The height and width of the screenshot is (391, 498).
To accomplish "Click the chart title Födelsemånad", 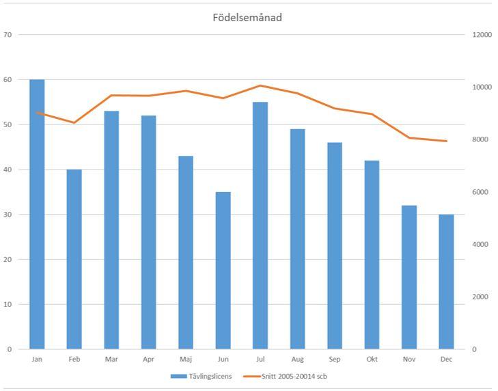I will point(247,18).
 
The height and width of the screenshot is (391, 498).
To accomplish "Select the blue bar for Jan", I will point(37,214).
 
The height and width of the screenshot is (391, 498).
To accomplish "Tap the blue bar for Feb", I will point(74,259).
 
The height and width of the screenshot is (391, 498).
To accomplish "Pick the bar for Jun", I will point(223,270).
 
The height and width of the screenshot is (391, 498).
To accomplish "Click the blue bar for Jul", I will point(260,226).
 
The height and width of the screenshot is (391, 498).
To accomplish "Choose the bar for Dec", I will point(446,282).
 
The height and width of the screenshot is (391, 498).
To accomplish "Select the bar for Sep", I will point(335,245).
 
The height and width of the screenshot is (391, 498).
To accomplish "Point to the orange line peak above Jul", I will point(260,85).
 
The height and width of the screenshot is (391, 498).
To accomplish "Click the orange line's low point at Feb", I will point(74,122).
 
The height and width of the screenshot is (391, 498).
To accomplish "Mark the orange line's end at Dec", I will point(446,141).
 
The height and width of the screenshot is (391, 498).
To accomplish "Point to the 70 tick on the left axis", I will point(8,34).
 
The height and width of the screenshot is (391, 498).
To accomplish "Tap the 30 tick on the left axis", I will point(8,214).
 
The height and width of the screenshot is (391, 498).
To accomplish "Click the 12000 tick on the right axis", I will point(482,34).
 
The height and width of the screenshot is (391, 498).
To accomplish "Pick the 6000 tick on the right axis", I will point(480,192).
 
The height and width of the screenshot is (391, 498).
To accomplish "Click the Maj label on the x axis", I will point(186,359).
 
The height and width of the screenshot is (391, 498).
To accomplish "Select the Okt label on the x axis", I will point(372,359).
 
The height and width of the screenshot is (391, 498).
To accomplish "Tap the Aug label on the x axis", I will point(297,359).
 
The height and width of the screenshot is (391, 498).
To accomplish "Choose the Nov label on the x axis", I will point(409,359).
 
